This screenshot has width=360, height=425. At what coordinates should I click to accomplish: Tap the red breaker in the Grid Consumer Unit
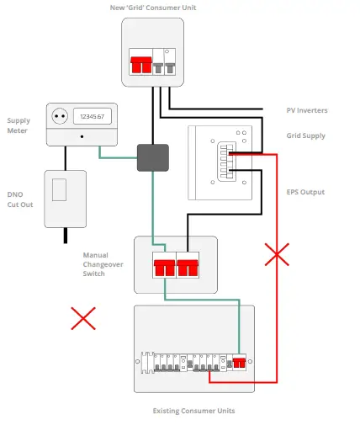point(140,64)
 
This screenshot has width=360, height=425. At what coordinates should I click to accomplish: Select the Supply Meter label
point(19,125)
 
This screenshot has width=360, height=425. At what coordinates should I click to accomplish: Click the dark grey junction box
point(153,157)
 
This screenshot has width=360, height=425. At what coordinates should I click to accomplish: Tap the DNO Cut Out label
point(20,199)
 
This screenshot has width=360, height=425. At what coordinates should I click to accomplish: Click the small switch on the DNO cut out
point(60,191)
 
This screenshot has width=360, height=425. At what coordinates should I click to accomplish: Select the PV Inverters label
point(307,110)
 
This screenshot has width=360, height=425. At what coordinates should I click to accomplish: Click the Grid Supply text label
point(305,135)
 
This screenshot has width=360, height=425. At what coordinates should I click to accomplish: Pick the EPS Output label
point(305,193)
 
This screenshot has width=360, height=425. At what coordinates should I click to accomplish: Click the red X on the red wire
point(277,254)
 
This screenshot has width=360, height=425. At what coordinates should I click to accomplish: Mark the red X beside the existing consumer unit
point(82,318)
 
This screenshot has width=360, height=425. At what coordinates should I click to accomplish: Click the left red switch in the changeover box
point(164,268)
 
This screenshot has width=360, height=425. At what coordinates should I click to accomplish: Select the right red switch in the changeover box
point(188,268)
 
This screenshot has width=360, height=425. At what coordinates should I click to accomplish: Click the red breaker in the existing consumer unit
point(238,364)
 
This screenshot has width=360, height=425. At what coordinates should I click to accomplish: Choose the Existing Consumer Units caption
point(193,411)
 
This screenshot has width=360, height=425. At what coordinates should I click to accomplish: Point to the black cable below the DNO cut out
point(65,235)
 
